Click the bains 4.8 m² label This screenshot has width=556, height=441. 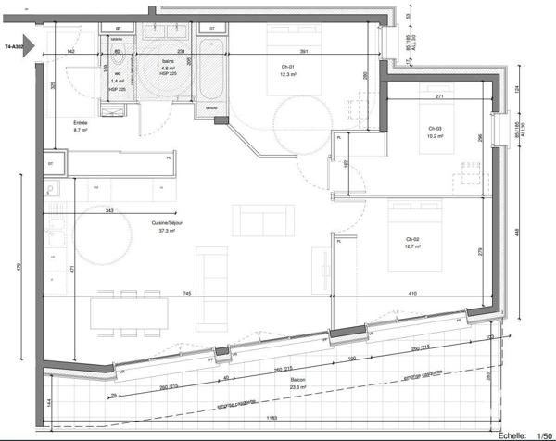[x=169, y=70]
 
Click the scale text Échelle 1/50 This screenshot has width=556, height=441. [x=524, y=434]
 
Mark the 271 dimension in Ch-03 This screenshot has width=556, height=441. [x=442, y=96]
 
